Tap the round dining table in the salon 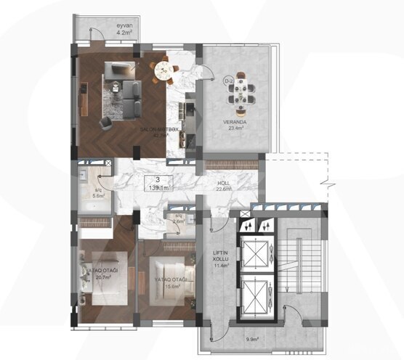click(x=164, y=70)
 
